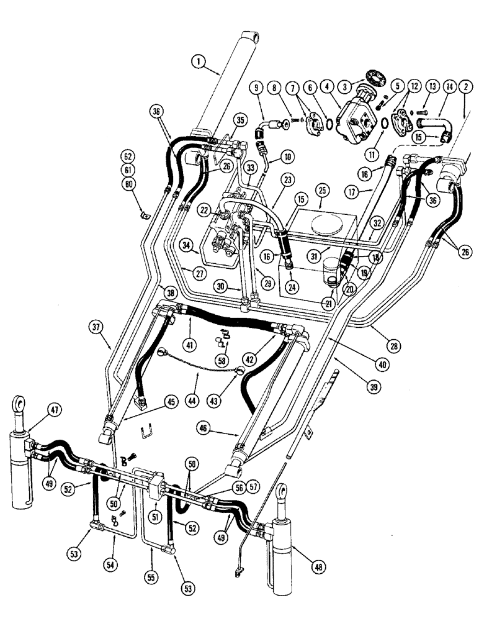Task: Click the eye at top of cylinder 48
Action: (284, 492)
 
